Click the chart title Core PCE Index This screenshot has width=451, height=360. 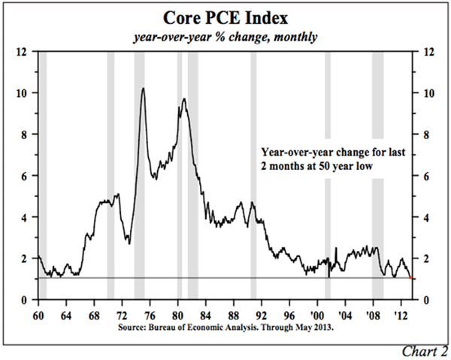pos(225,17)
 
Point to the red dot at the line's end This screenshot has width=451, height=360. pos(410,278)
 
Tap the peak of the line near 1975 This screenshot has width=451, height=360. pos(143,89)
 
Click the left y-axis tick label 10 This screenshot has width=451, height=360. pos(23,93)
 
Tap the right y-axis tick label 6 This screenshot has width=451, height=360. pos(427,176)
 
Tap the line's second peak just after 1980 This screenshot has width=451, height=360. pos(183,99)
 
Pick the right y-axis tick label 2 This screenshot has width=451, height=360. pos(427,259)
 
